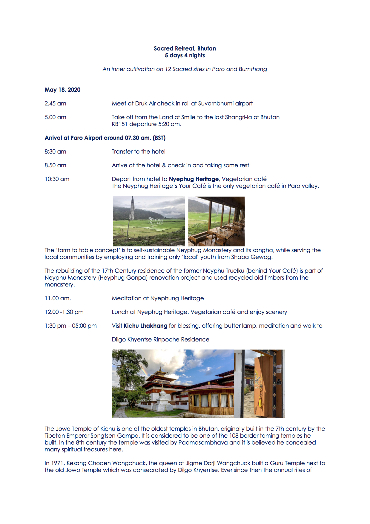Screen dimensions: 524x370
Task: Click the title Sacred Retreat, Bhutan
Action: pos(185,48)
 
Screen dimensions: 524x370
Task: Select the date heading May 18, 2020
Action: pos(62,90)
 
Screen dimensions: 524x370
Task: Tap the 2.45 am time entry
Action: pos(55,103)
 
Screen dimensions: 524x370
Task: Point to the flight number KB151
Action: pos(119,124)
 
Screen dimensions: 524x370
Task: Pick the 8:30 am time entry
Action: pos(55,151)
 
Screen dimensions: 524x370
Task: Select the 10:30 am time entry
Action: pos(57,179)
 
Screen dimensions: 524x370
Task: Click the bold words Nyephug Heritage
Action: pos(194,179)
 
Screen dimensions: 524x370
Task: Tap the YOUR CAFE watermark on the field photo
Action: pos(156,221)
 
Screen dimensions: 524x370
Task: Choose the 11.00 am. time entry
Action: pos(58,298)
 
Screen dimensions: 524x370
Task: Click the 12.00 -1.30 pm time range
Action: pos(64,312)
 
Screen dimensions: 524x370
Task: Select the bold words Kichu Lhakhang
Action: pos(145,326)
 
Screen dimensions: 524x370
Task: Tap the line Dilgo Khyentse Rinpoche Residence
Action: pos(160,339)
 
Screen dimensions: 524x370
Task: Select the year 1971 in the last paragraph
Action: pos(57,463)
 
